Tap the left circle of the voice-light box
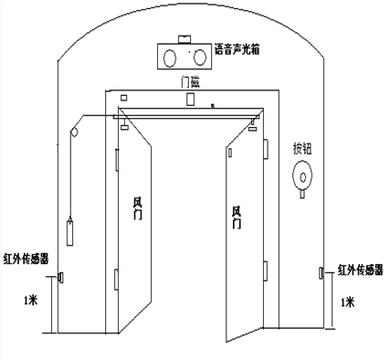pos(172,58)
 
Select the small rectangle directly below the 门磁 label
pos(191,99)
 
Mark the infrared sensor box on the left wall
pos(60,276)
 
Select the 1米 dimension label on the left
pos(33,299)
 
